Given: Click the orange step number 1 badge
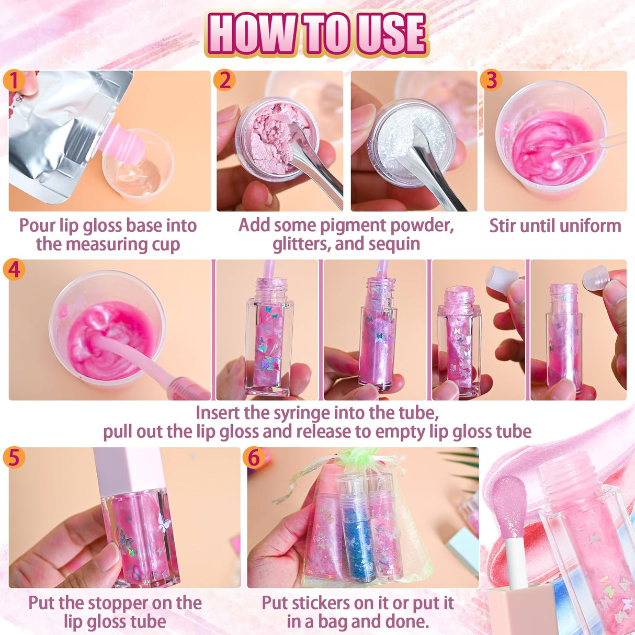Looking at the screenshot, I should pyautogui.click(x=14, y=81).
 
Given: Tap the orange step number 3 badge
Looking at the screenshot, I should pyautogui.click(x=491, y=81).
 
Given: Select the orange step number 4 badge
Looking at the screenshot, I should pyautogui.click(x=14, y=269).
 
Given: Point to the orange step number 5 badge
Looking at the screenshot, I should pyautogui.click(x=14, y=457).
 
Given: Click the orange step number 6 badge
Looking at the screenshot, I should pyautogui.click(x=254, y=457).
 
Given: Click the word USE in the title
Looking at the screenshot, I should pyautogui.click(x=390, y=33).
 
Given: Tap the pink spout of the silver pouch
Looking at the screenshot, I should pyautogui.click(x=121, y=140).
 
